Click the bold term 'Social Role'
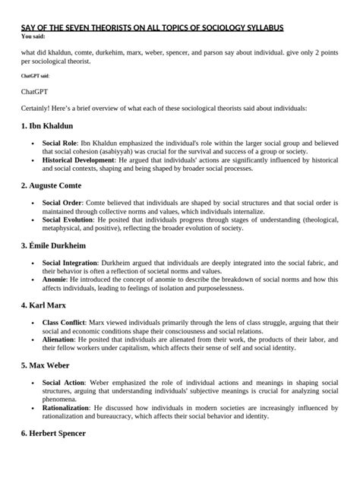pos(62,143)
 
